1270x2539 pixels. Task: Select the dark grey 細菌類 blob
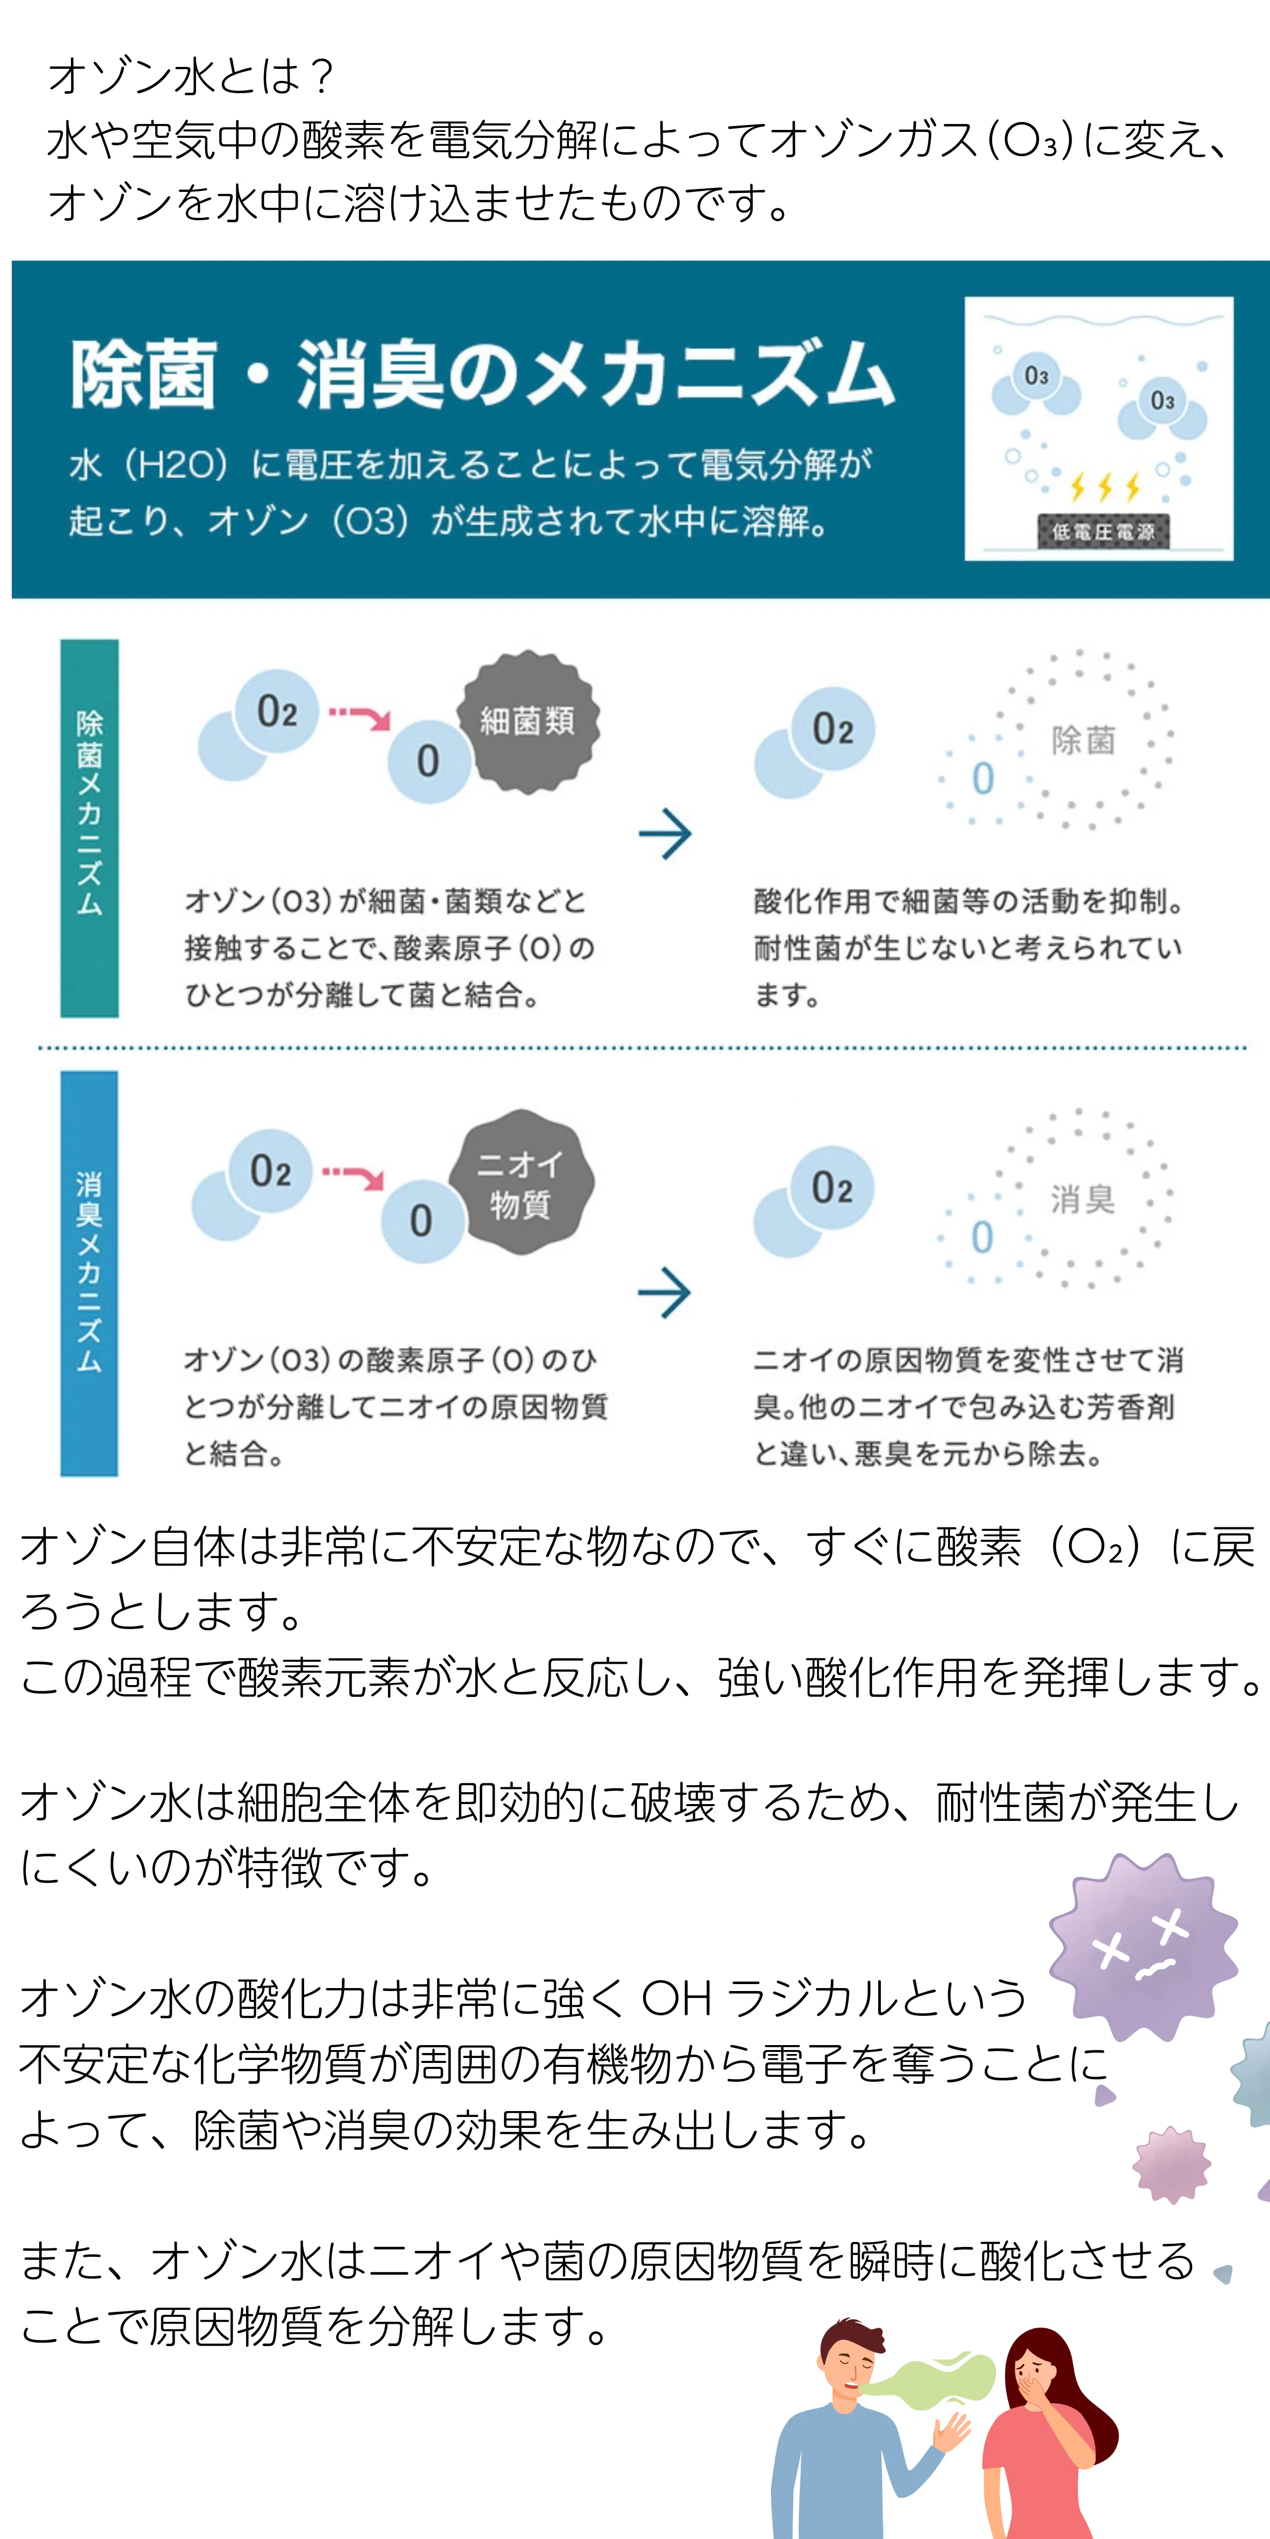pyautogui.click(x=527, y=722)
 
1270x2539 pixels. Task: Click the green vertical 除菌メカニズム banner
pyautogui.click(x=90, y=828)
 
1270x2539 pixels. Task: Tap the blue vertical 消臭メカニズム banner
pyautogui.click(x=90, y=1273)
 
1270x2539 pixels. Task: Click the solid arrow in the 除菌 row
pyautogui.click(x=666, y=834)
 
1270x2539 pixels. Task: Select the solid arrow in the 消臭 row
pyautogui.click(x=665, y=1292)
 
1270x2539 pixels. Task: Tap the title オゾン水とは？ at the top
pyautogui.click(x=192, y=76)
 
